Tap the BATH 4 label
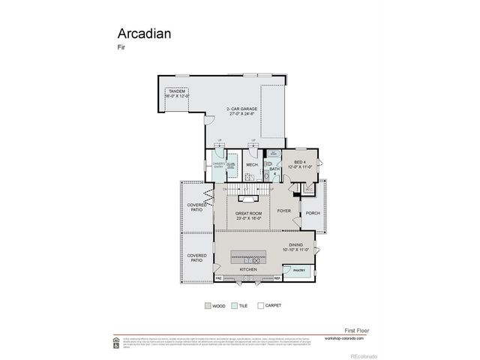tap(274, 171)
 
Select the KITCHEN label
tap(248, 268)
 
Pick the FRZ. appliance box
tap(219, 278)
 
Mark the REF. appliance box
tap(277, 278)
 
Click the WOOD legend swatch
tap(208, 306)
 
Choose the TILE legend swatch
tap(235, 306)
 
